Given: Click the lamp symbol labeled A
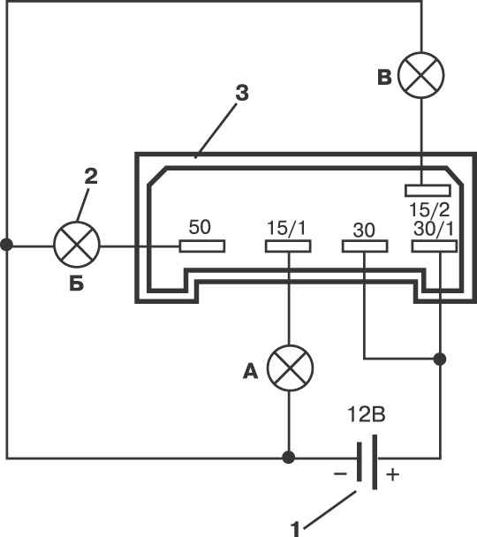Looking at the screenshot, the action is (290, 368).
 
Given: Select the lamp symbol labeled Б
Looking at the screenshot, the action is (77, 245).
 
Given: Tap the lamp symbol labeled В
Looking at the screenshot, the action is (421, 75).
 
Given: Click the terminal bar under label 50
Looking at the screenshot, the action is (202, 246).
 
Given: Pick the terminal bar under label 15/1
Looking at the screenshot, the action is (288, 246).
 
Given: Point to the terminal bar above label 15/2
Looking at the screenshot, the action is (428, 191).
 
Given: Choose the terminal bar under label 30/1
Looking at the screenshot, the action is (435, 246).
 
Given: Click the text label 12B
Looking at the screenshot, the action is (366, 414).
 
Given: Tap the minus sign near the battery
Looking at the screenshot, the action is (340, 474).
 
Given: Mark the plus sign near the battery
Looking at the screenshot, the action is (393, 474).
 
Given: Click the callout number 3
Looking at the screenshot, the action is (242, 93).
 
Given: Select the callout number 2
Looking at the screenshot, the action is (91, 177).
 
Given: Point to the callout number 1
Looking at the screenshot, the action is (295, 529).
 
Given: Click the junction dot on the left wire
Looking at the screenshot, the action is (6, 245).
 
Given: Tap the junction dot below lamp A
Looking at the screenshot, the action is (288, 458).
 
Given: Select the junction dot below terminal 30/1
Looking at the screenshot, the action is (440, 359).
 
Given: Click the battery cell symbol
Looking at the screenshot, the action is (367, 462).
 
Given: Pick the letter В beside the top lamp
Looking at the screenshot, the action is (384, 77).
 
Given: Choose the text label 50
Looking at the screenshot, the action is (200, 227).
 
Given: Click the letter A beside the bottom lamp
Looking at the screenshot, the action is (250, 371).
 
